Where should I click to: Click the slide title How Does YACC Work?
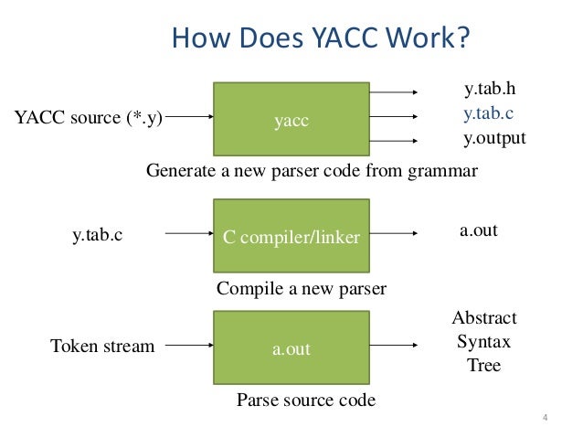321,39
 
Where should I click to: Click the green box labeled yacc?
291,119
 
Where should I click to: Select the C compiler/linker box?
291,237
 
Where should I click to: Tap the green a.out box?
291,347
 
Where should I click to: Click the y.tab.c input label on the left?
97,236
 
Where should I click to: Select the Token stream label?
102,347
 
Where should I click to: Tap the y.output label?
495,139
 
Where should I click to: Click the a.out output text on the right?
478,230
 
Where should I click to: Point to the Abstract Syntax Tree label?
484,341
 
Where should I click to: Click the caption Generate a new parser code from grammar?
312,171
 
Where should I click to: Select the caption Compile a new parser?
302,289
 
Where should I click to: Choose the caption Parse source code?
306,400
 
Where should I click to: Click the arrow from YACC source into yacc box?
190,118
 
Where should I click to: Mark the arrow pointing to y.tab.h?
394,92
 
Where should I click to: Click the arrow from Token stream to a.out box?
190,347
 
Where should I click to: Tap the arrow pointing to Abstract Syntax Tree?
394,347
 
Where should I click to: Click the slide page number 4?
545,420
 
